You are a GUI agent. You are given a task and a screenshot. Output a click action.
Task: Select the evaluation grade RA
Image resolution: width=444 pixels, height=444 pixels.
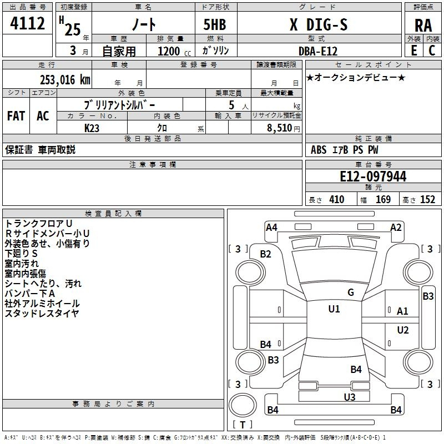point(423,25)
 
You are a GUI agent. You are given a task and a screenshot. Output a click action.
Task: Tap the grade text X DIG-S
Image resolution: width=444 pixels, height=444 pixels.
point(319,25)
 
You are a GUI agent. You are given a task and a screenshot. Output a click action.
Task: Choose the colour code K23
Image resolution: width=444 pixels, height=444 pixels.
point(92,127)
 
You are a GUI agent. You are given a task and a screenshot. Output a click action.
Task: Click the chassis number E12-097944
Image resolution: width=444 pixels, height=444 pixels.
point(373,176)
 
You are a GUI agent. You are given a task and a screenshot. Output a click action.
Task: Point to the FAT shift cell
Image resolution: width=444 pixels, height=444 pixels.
point(16,116)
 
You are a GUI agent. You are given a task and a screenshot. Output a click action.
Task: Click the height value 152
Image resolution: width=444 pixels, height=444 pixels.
point(427,200)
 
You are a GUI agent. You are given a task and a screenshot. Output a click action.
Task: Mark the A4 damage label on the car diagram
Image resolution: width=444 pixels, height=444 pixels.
point(271,227)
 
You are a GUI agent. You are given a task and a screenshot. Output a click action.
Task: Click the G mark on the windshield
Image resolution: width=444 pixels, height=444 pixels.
point(351,292)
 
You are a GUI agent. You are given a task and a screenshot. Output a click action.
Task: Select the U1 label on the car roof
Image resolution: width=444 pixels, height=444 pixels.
point(334,309)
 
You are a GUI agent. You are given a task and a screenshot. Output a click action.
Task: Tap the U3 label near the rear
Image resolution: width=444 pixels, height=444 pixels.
point(349,397)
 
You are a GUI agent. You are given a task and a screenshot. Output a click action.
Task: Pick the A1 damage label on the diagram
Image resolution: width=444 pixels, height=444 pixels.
point(402,311)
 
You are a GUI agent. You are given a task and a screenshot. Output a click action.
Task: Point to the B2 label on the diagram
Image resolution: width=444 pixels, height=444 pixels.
point(266,254)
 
